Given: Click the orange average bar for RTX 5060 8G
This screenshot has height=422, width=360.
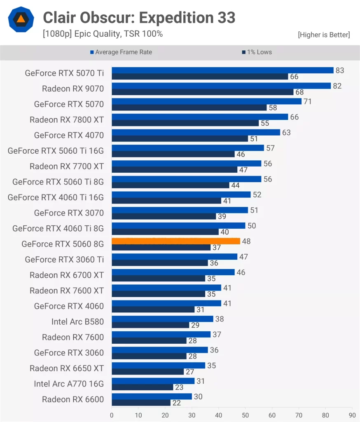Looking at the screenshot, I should tap(176, 241).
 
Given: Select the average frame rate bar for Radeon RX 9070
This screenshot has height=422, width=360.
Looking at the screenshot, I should tap(221, 86).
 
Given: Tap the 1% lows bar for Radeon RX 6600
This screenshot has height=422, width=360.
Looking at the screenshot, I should tap(141, 402).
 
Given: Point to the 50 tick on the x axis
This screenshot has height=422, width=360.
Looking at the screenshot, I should tap(245, 415).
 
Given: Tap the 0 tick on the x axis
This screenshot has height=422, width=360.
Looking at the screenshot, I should tap(112, 415).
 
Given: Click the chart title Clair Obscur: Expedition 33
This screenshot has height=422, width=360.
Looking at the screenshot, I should tap(139, 18).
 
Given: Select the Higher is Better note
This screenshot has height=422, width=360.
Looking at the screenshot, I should tap(324, 35).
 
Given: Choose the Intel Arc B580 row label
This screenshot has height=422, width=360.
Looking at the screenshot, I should tap(77, 322).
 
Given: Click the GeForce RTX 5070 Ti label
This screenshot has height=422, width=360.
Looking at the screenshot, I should tap(64, 73).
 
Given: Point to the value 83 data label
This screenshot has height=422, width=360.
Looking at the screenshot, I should tap(340, 70).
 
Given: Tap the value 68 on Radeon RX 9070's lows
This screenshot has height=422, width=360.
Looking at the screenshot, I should tap(299, 92).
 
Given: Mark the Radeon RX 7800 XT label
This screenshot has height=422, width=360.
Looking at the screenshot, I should tap(67, 120).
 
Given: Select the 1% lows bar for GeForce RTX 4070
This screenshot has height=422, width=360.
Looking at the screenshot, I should tap(180, 138).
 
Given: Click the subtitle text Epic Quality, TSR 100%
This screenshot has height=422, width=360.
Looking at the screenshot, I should tap(103, 34).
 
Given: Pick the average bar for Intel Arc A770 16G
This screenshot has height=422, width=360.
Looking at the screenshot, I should tap(153, 381).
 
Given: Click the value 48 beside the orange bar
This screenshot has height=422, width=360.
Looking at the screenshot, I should tap(246, 241).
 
